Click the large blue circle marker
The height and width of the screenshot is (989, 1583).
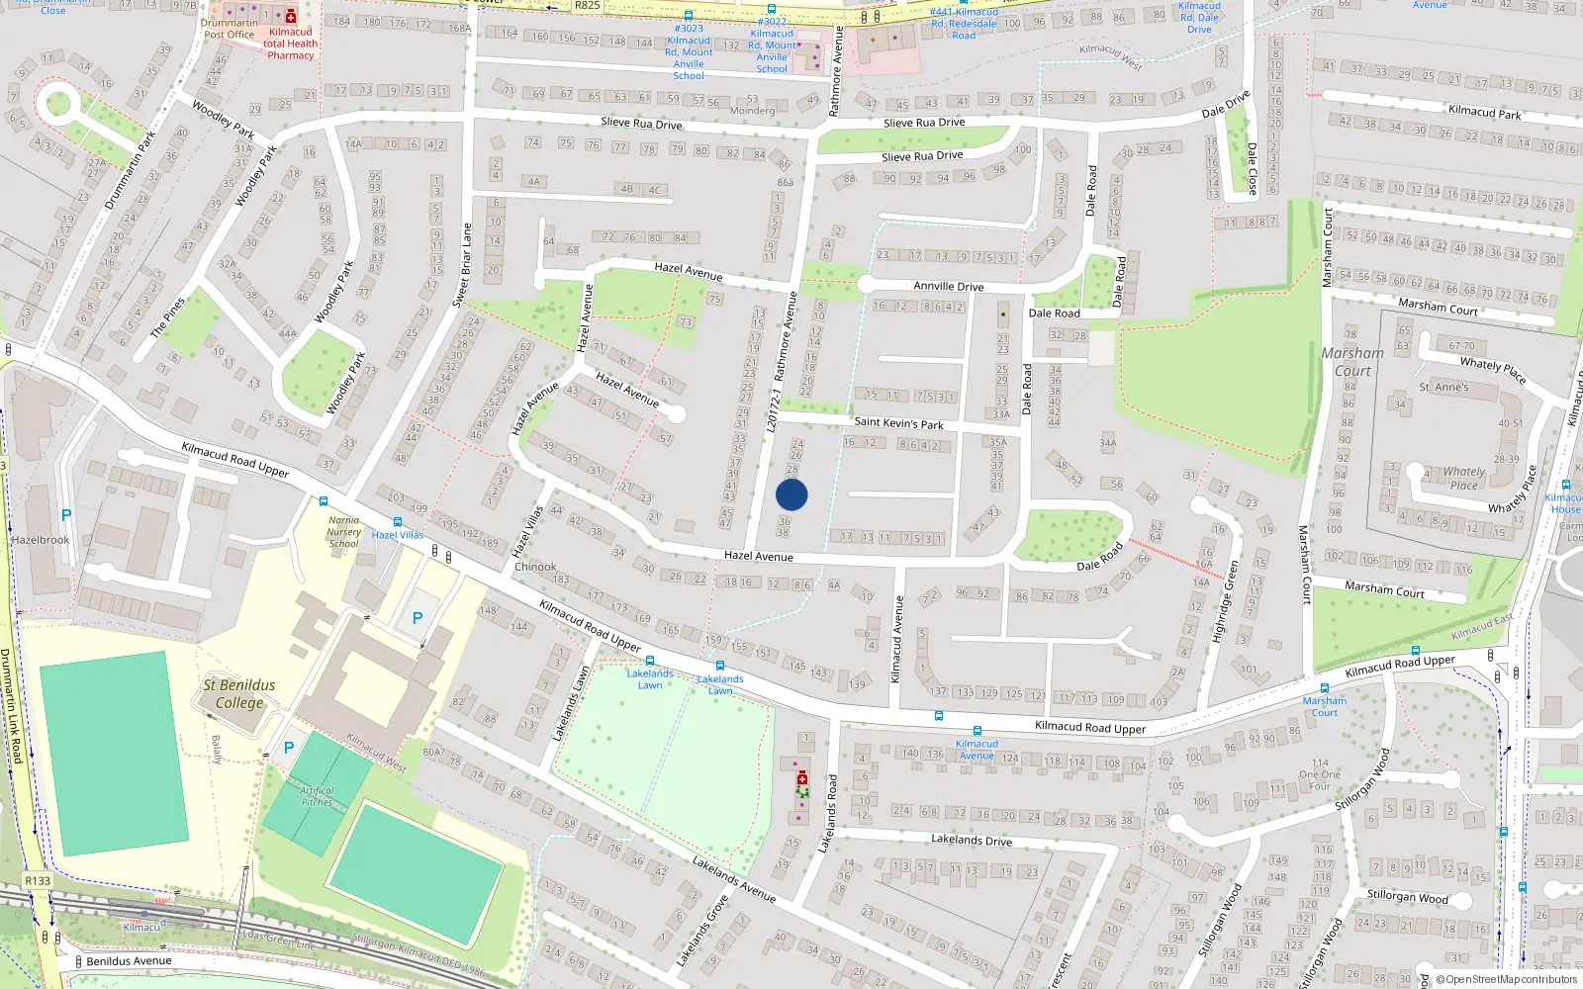[791, 494]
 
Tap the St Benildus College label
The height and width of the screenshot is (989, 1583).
[239, 693]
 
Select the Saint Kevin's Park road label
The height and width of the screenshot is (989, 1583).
[898, 422]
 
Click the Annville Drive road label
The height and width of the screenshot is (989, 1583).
[948, 286]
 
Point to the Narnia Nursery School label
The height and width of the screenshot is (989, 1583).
[343, 532]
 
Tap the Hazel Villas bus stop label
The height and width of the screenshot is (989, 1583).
[398, 535]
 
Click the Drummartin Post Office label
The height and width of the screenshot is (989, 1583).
[230, 29]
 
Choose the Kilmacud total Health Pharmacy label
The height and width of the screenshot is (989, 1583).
[290, 44]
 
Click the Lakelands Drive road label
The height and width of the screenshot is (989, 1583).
[971, 840]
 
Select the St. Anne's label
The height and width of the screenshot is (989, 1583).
[1443, 387]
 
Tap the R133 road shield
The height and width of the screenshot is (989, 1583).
[38, 880]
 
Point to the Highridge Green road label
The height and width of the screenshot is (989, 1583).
[1225, 601]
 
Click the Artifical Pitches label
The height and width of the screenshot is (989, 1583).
[317, 796]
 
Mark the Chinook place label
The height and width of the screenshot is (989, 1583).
[535, 567]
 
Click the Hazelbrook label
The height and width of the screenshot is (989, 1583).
[41, 540]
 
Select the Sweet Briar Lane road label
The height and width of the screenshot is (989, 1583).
[462, 264]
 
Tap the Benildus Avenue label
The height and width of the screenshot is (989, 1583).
[129, 960]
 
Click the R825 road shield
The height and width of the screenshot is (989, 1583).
[587, 6]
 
